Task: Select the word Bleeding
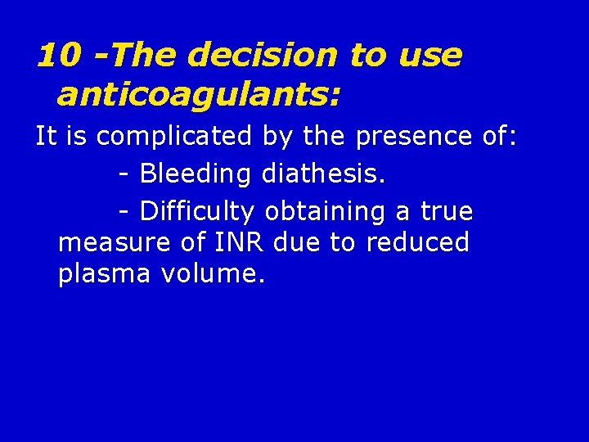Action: click(x=196, y=174)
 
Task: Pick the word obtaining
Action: click(x=327, y=211)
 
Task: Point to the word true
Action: click(x=447, y=211)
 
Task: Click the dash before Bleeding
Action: click(x=124, y=174)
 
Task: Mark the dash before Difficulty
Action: click(x=124, y=212)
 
